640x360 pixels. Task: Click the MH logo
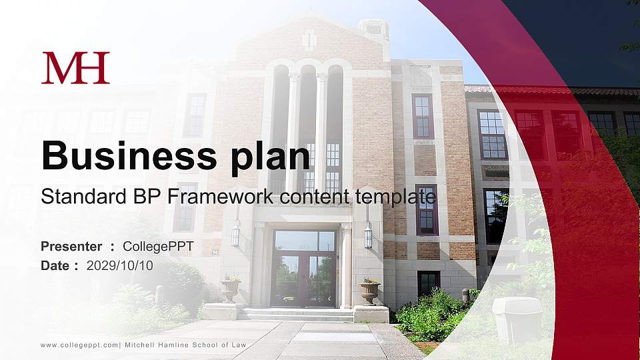click(x=75, y=68)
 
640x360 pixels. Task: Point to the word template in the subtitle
click(x=395, y=197)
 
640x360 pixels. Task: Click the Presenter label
click(x=71, y=247)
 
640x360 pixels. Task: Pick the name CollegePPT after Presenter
click(x=158, y=247)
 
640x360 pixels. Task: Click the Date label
click(x=55, y=265)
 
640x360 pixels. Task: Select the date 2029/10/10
click(x=120, y=265)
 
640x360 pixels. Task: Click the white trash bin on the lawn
click(x=517, y=320)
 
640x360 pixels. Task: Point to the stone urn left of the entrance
click(x=231, y=289)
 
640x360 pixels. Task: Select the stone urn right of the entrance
click(x=369, y=291)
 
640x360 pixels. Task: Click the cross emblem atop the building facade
click(x=309, y=41)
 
